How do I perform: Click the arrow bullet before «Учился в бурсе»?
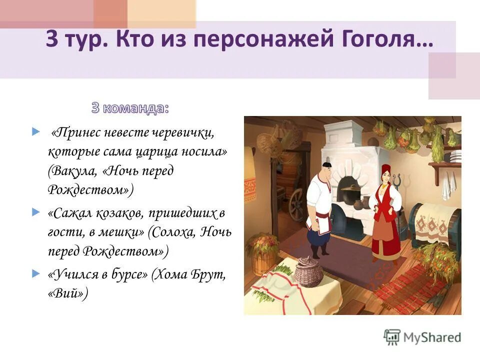(35, 274)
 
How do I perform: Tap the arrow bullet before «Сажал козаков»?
(35, 213)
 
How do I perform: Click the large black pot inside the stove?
(347, 193)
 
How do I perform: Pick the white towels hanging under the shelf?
(446, 185)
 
